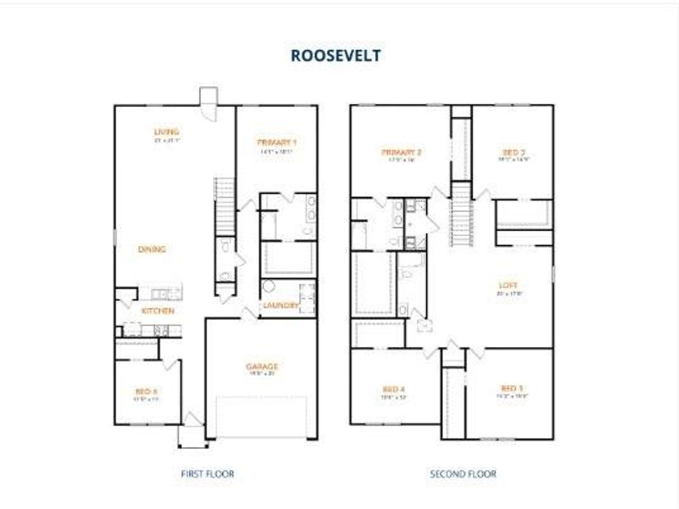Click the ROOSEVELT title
point(335,56)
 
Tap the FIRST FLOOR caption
point(206,474)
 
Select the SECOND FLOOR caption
point(463,474)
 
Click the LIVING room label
point(166,131)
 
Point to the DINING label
point(152,249)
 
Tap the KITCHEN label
point(158,311)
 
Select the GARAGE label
point(262,366)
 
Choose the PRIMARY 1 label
point(277,142)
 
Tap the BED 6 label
point(147,391)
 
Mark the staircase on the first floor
point(224,204)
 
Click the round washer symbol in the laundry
point(269,288)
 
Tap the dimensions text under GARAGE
point(262,374)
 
